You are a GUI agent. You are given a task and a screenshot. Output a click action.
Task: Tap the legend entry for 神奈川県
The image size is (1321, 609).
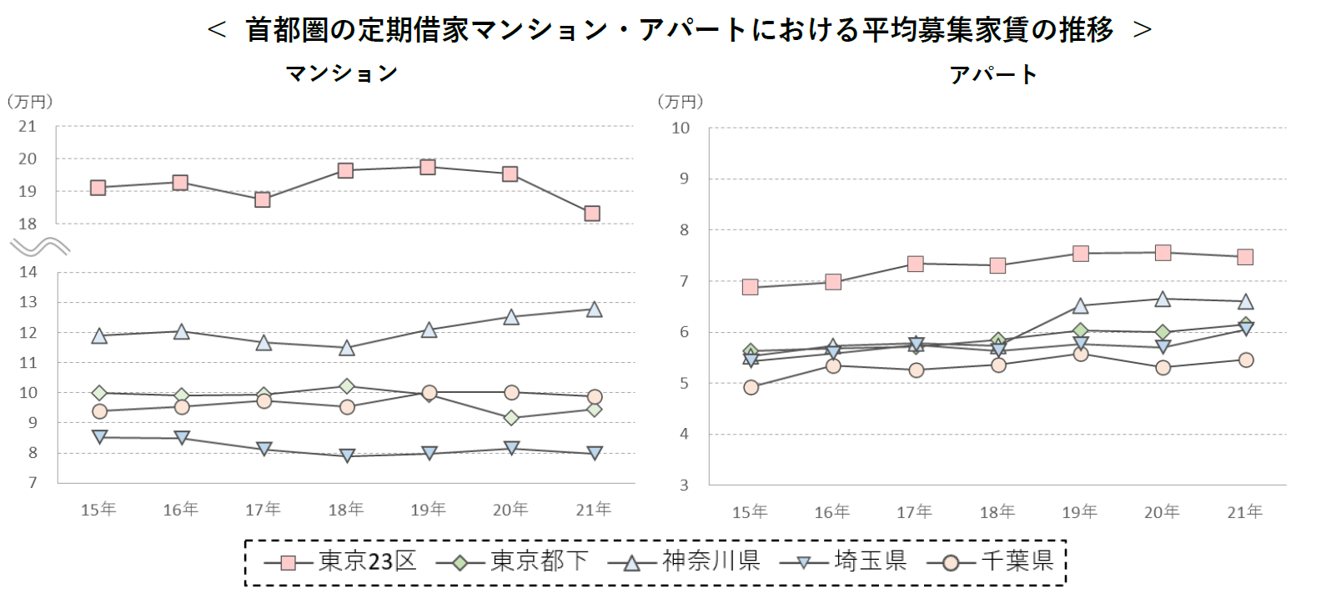click(684, 561)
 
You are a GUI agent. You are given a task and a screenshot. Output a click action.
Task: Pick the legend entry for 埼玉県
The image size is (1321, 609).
click(843, 561)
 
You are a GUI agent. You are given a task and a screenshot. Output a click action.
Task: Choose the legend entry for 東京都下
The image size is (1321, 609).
click(512, 561)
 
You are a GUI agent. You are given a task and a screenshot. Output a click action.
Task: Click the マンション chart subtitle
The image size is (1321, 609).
click(341, 73)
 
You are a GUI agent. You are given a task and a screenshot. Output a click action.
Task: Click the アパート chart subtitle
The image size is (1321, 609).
click(992, 75)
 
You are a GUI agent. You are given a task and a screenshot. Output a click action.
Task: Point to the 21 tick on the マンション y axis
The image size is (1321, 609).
click(28, 127)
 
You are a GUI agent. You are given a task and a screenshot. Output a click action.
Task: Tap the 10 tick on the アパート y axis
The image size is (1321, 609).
click(681, 128)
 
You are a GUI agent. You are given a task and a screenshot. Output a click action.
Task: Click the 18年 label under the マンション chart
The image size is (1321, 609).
click(345, 509)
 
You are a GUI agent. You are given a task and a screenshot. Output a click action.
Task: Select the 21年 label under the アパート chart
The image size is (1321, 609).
click(1244, 511)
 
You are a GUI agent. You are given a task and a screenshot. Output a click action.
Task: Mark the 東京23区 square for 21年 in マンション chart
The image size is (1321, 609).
click(592, 214)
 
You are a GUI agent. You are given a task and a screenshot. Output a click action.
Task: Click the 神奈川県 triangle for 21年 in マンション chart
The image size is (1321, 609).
click(594, 310)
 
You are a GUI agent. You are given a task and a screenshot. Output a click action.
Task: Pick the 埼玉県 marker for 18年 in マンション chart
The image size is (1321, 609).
click(347, 455)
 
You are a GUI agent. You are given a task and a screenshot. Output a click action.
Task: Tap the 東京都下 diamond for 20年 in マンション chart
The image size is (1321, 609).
click(511, 417)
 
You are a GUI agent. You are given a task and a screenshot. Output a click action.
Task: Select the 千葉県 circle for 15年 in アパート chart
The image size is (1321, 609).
click(751, 387)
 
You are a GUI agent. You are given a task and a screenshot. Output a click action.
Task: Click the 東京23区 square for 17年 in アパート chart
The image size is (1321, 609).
click(915, 264)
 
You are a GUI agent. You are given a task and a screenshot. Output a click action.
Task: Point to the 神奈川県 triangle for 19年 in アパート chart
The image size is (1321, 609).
click(1080, 306)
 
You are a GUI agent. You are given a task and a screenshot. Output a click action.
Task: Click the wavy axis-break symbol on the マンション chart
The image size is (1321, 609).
click(39, 247)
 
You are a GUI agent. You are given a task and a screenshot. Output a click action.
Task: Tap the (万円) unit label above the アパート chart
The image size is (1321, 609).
click(681, 102)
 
